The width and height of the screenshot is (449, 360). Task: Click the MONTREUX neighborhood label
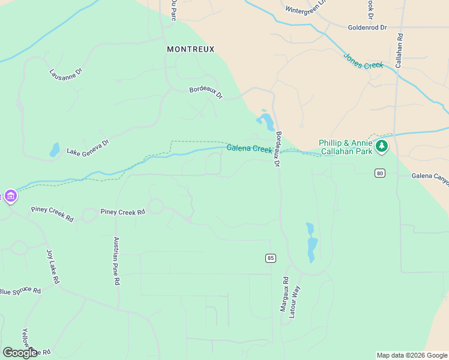coord(190,49)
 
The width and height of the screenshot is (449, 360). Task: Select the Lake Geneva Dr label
coord(88,148)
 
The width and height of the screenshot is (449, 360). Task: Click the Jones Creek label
coord(363,61)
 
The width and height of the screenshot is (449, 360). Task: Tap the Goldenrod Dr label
coord(367,28)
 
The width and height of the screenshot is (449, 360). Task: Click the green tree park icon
coord(381,146)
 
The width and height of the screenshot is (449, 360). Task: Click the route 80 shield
coord(379,173)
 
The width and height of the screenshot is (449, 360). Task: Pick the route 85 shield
coord(271,258)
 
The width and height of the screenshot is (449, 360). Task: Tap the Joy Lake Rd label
coord(53,266)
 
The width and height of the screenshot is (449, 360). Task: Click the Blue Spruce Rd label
coord(20,292)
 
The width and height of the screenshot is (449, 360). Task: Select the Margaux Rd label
coord(285,294)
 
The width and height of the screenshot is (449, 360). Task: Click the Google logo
coord(20,353)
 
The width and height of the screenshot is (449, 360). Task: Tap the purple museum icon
coord(10,196)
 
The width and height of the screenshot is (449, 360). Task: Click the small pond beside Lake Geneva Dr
coord(55,149)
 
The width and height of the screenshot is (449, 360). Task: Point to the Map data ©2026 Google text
coord(412,355)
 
